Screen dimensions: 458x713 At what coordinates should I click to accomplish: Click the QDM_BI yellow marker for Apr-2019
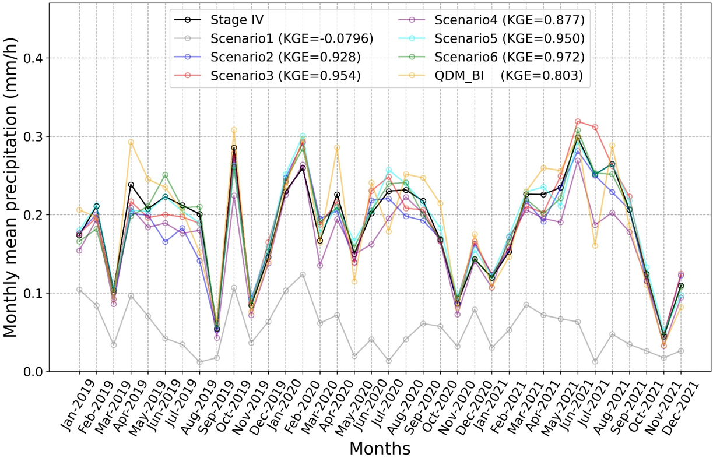(x=131, y=142)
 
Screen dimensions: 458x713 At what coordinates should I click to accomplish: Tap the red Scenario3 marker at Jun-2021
(x=578, y=122)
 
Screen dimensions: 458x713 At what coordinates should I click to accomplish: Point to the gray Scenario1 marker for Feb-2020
(x=303, y=274)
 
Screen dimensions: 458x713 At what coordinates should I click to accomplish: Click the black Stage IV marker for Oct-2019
(x=234, y=148)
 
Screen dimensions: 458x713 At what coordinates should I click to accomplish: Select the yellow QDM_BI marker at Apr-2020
(x=337, y=147)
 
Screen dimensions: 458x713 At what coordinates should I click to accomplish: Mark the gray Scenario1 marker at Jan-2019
(x=79, y=290)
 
